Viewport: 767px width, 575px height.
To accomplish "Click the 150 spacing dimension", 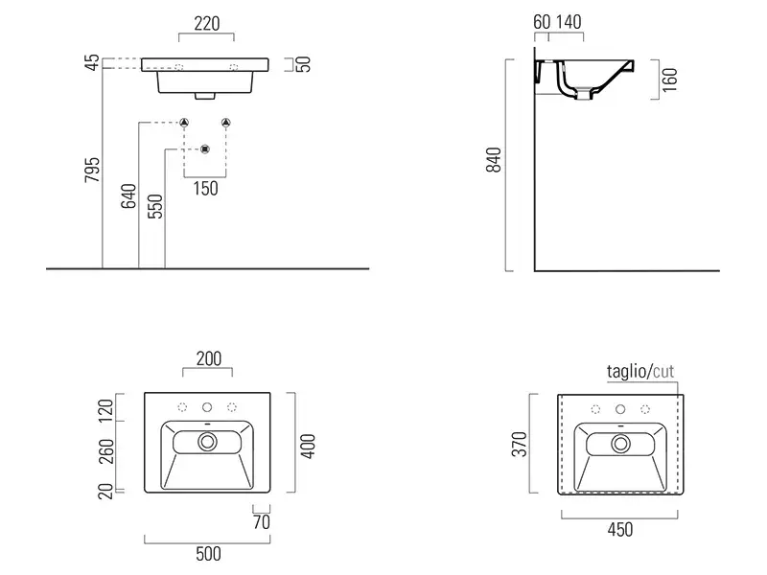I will point(205,189).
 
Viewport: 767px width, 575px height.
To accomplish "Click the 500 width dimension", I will point(208,553).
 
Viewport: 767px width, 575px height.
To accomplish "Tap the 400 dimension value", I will point(308,444).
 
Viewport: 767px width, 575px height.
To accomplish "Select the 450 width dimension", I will point(619,529).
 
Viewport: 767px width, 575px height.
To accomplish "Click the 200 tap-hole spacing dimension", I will point(208,358).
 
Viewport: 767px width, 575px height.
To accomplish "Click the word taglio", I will point(627,372).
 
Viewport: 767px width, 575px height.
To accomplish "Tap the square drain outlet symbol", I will point(204,149).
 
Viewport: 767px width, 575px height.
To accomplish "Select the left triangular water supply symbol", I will point(183,123).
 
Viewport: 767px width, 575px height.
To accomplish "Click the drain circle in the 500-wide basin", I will point(207,442).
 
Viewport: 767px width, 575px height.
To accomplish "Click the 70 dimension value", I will point(261,522).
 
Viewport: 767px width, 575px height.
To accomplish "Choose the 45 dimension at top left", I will point(91,64).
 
